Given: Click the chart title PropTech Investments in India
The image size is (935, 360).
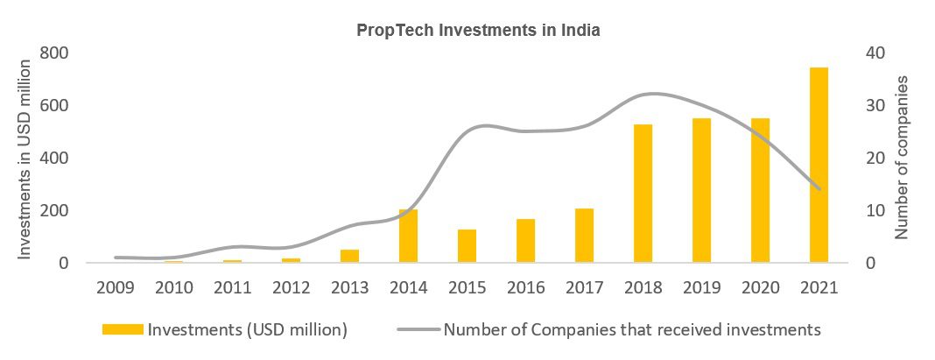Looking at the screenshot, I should tap(477, 31).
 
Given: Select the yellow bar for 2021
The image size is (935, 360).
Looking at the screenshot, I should tap(819, 165).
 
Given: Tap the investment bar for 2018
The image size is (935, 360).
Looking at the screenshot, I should tap(643, 194).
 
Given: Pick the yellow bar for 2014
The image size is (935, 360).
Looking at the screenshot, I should tap(408, 236).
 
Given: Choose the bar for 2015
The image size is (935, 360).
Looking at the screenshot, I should tap(467, 246).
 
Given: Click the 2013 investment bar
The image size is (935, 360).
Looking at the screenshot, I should tap(349, 256).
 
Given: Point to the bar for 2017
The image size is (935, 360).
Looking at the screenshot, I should tap(585, 236).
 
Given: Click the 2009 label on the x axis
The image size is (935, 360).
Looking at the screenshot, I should tap(116, 287).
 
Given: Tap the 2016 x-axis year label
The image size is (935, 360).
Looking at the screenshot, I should tap(525, 287).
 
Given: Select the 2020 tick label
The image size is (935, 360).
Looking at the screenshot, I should tap(760, 287).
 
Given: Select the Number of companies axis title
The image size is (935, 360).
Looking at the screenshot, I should tap(903, 158).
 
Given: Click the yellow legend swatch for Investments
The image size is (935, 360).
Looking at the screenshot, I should tap(123, 330).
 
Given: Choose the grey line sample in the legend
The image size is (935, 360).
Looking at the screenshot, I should tap(418, 330).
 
